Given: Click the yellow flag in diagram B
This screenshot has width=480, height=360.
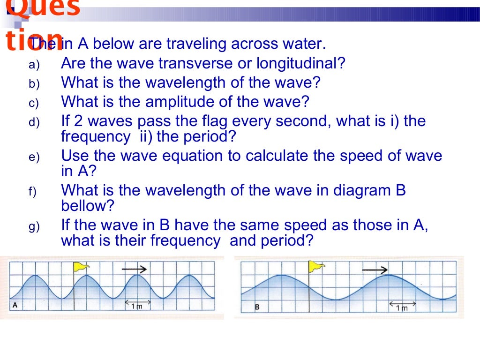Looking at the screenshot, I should [317, 267].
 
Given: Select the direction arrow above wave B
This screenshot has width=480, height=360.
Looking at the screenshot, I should [375, 270].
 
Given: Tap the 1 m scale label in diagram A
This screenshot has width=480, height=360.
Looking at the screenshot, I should [136, 306].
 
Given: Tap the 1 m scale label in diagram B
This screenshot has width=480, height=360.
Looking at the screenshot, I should [402, 308].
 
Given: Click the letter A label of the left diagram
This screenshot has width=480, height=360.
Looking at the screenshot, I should [15, 305].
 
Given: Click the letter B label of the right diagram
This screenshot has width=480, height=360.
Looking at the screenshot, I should [257, 307].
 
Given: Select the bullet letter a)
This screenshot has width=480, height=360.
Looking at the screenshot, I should [34, 65].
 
